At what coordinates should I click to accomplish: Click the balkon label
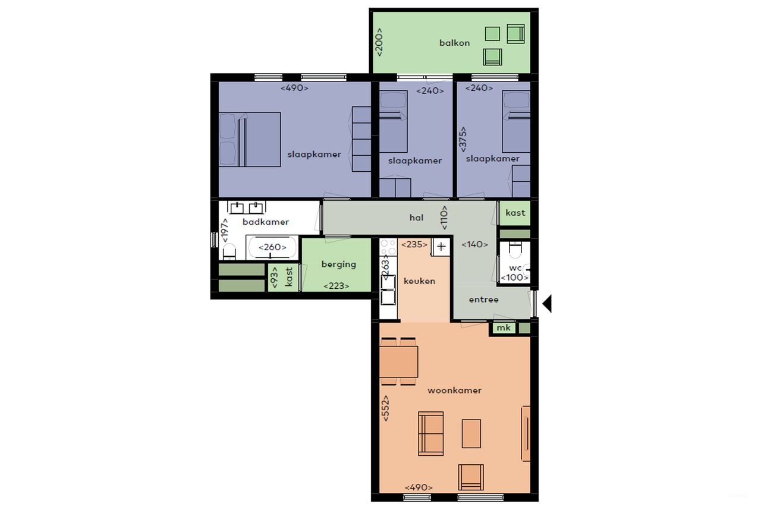(454, 43)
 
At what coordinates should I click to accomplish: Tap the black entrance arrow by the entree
(547, 304)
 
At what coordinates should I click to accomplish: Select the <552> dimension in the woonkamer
(386, 408)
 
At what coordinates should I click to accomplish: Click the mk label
(503, 327)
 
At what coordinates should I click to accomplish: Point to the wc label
(515, 268)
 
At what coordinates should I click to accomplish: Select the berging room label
(338, 264)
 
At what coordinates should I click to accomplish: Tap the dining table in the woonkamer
(398, 361)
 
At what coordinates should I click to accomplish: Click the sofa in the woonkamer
(430, 433)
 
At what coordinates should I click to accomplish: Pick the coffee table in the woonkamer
(471, 433)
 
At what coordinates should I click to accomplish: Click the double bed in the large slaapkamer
(250, 139)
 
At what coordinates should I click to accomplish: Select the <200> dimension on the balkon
(379, 42)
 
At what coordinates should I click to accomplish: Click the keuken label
(419, 281)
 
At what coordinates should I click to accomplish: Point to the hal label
(416, 218)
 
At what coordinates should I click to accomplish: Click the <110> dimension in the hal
(444, 218)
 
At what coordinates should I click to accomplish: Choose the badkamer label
(266, 222)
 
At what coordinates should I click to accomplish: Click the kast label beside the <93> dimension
(289, 277)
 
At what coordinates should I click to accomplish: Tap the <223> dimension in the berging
(336, 286)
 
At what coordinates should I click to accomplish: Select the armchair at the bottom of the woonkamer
(471, 477)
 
